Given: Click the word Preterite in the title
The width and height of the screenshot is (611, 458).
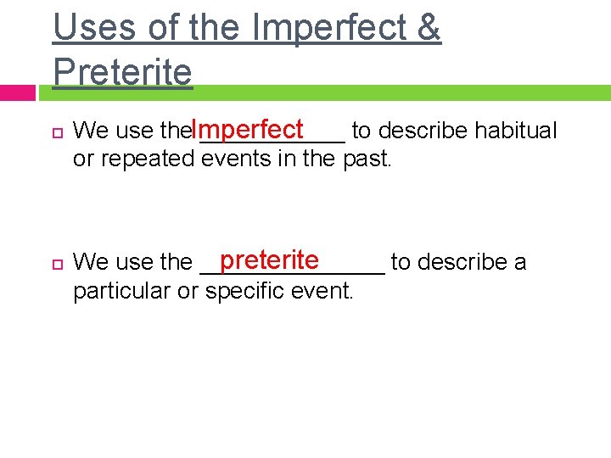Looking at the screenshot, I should click(x=122, y=72).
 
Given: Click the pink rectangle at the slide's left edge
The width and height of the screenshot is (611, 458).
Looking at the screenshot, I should click(x=17, y=92).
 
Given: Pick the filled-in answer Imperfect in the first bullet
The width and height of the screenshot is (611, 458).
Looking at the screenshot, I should click(x=247, y=130).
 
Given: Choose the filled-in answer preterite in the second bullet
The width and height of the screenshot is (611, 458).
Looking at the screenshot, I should click(x=268, y=260).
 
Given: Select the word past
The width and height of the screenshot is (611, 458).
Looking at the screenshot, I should click(x=367, y=159).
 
